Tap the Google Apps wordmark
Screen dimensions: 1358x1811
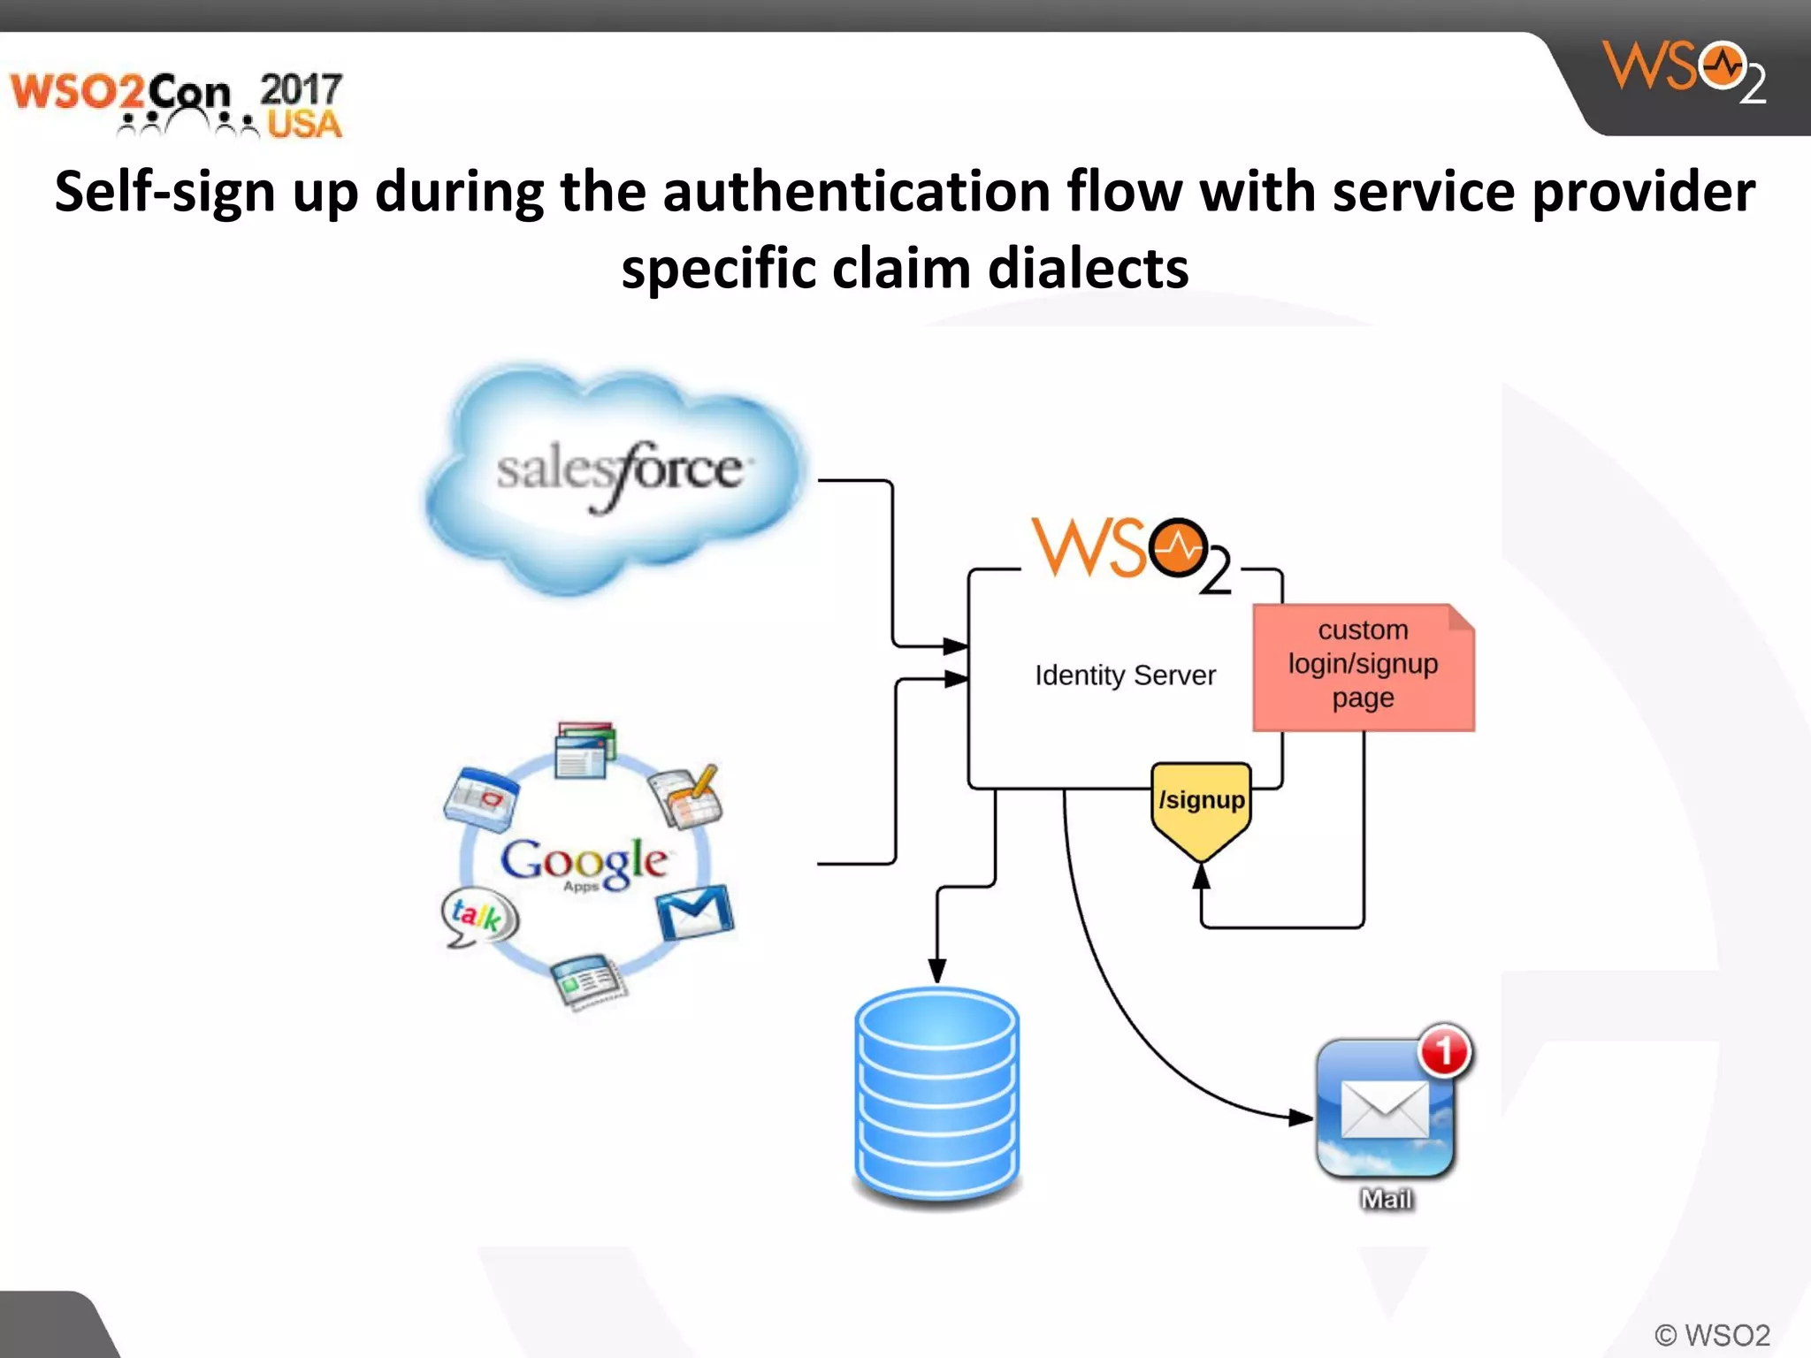(x=584, y=862)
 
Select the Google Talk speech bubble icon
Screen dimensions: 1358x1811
(x=478, y=916)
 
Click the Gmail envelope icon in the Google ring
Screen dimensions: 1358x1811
(x=695, y=912)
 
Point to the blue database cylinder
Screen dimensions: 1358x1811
(x=937, y=1096)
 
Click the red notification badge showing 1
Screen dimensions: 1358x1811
(x=1444, y=1051)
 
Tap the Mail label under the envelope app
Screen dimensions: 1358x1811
(x=1386, y=1200)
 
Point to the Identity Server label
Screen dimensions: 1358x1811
(x=1125, y=675)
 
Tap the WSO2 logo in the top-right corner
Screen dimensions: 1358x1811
(x=1684, y=71)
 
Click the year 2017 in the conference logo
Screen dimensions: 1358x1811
(x=301, y=89)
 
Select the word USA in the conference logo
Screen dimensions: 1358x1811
(x=304, y=125)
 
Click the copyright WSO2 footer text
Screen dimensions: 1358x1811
(x=1712, y=1335)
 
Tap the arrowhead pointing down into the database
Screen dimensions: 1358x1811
(x=937, y=970)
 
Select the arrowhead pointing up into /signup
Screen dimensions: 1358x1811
(x=1201, y=875)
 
